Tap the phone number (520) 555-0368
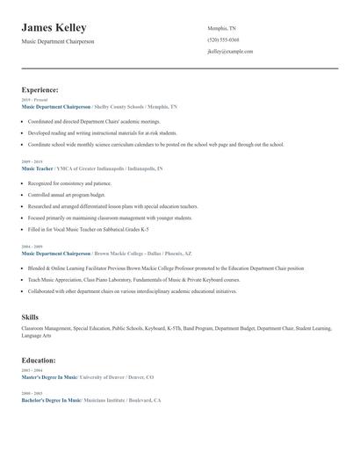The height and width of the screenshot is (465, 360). (223, 39)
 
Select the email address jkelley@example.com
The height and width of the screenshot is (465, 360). (230, 52)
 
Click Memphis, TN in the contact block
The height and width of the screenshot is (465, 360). (221, 28)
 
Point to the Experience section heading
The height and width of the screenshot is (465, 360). (40, 89)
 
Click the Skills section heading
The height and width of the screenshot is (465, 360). (30, 316)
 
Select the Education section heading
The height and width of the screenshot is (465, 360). (39, 360)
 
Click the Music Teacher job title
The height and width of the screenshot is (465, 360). (37, 168)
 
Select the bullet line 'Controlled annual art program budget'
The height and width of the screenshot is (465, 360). (66, 195)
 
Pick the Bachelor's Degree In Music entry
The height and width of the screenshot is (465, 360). (50, 399)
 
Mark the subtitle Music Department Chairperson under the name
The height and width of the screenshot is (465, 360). (57, 41)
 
